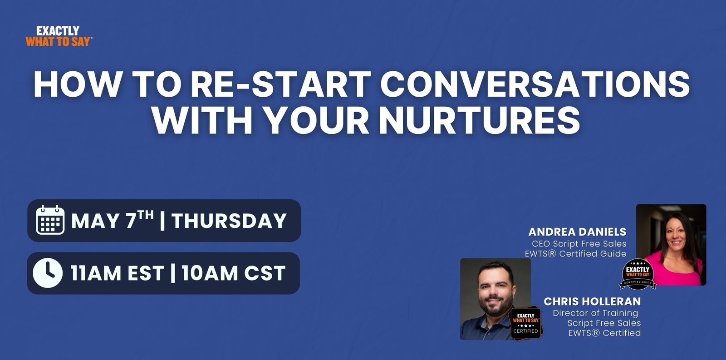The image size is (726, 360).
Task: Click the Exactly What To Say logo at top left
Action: (59, 36)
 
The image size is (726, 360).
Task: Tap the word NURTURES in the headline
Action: (479, 121)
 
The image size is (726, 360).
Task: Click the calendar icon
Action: (50, 220)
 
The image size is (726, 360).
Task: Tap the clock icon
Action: (48, 273)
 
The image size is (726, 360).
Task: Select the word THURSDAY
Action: (229, 221)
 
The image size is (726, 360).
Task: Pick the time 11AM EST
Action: (117, 273)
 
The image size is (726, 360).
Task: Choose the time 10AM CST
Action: (234, 273)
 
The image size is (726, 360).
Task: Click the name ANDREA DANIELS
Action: (577, 232)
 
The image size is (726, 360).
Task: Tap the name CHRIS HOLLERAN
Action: (592, 301)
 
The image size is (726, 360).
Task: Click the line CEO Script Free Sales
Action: (579, 244)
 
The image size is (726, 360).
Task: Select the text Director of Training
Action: (595, 313)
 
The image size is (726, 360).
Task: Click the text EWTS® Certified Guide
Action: (576, 254)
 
